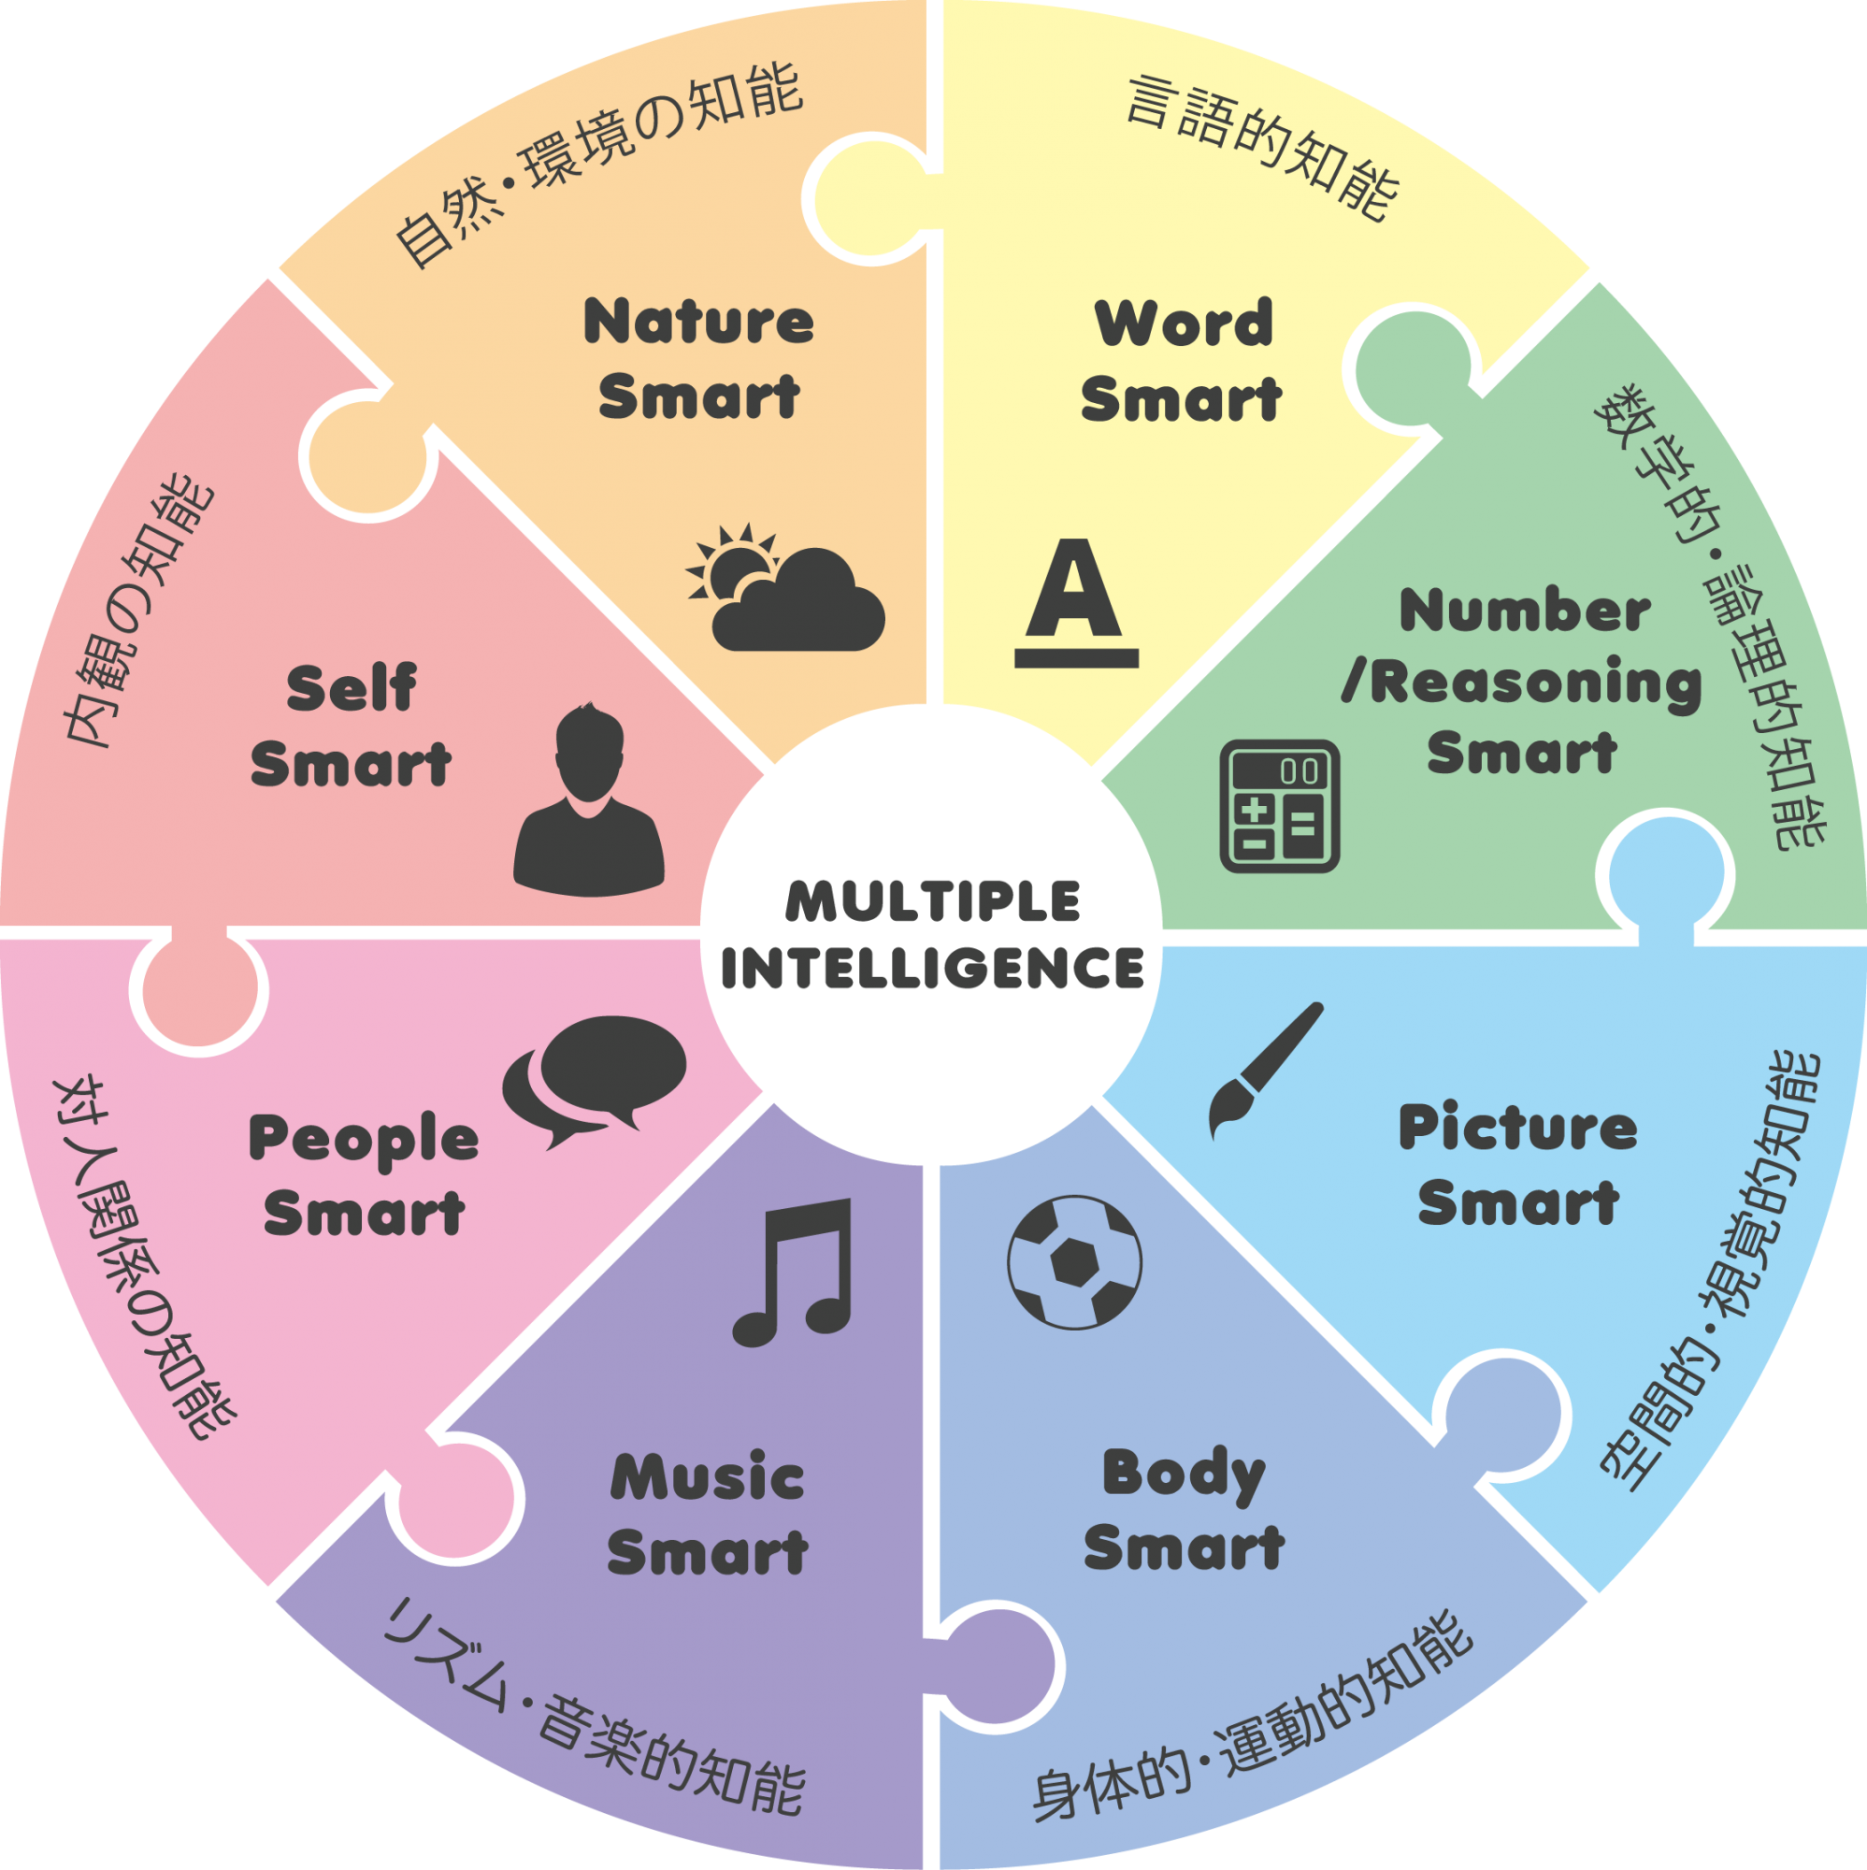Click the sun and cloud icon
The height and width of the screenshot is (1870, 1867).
[786, 588]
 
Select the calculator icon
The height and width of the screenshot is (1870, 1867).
[1280, 806]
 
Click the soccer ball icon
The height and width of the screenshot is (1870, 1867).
[1074, 1262]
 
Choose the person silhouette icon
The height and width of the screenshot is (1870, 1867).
[588, 800]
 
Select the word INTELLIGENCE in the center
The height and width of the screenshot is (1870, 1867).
[932, 968]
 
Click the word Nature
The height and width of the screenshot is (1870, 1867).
[698, 323]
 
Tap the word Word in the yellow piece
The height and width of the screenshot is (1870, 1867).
[1183, 324]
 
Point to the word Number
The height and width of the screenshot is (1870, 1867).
[1526, 611]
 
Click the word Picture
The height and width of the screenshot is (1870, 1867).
[1517, 1129]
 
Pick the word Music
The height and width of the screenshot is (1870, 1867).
[708, 1478]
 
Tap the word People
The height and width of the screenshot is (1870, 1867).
[364, 1140]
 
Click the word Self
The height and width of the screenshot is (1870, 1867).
[352, 689]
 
